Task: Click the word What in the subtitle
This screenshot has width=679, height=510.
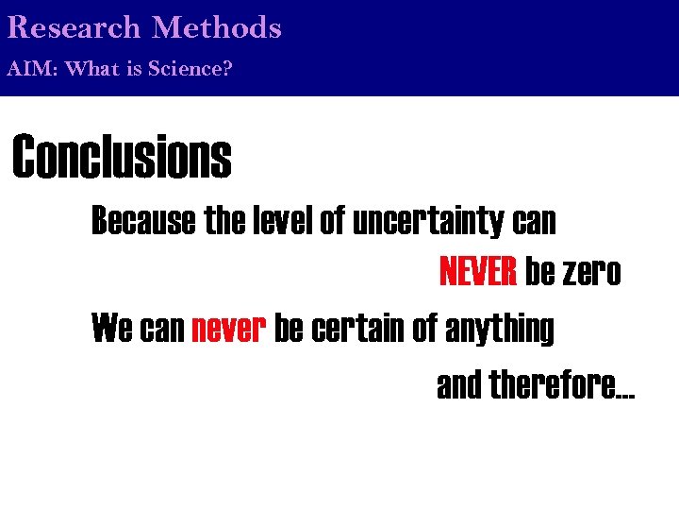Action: coord(92,69)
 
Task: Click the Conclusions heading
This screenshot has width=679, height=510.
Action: coord(122,157)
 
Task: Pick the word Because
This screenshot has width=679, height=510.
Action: coord(143,222)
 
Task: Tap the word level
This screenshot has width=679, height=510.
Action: coord(284,222)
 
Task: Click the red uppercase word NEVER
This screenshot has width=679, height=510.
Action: coord(478,274)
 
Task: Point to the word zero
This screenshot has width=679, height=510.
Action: coord(591,274)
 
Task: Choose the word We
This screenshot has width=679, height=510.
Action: coord(111,330)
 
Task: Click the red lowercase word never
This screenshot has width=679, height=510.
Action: coord(230,330)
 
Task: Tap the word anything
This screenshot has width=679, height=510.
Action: coord(499,331)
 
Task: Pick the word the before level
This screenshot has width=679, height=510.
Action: coord(224,222)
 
